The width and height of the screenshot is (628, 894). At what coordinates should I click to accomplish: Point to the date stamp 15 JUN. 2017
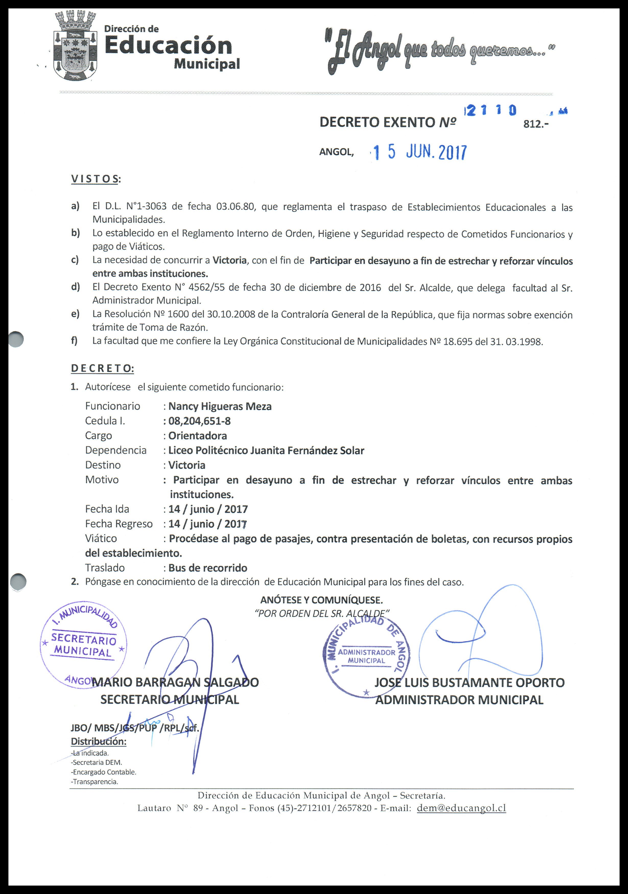click(420, 152)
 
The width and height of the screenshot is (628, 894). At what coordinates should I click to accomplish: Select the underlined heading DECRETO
click(102, 368)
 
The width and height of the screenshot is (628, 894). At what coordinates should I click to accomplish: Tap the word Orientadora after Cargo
click(197, 436)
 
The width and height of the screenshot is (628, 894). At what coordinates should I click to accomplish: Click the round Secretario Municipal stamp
click(83, 646)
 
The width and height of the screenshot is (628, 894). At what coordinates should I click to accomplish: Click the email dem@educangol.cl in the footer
click(461, 808)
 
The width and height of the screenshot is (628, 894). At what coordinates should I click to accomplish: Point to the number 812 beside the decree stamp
click(536, 124)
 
